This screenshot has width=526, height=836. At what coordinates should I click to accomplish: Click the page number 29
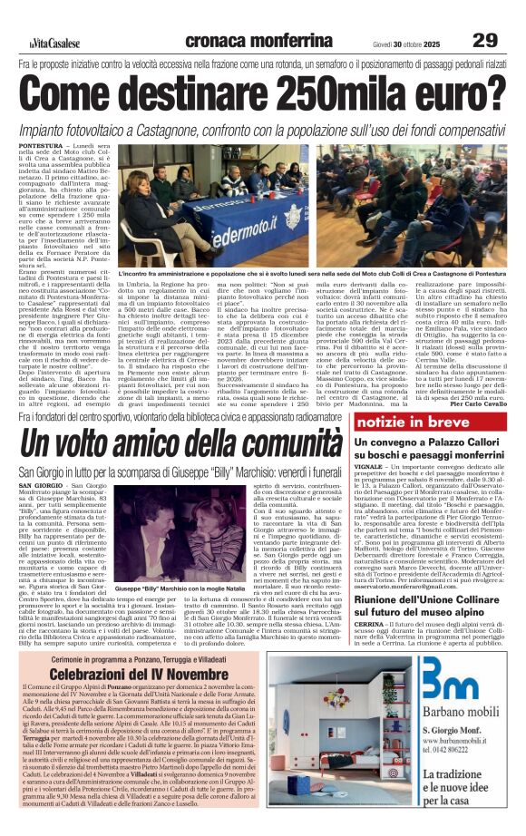coord(485,41)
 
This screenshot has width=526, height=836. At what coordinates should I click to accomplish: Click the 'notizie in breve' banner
coord(409,423)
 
